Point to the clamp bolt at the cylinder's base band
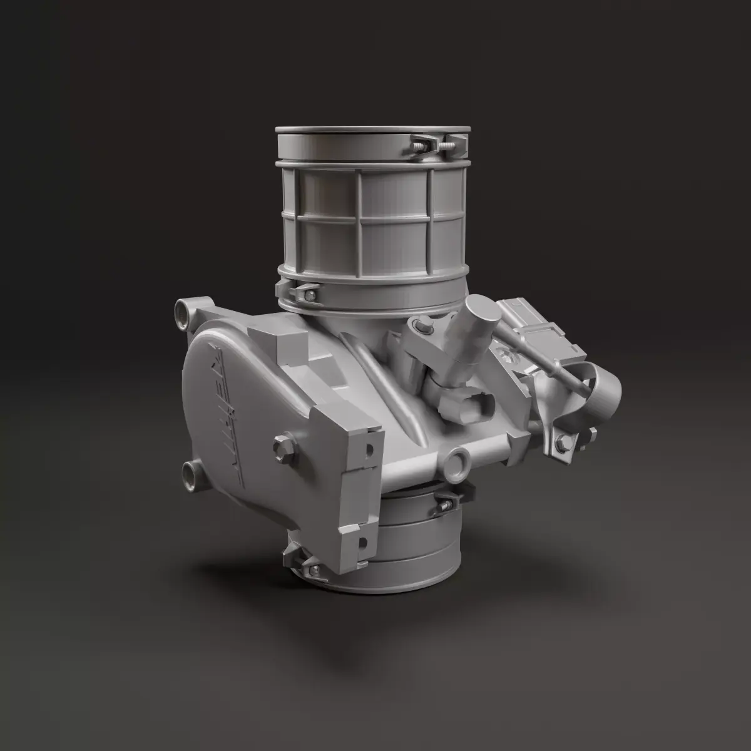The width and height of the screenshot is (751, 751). click(305, 290)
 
